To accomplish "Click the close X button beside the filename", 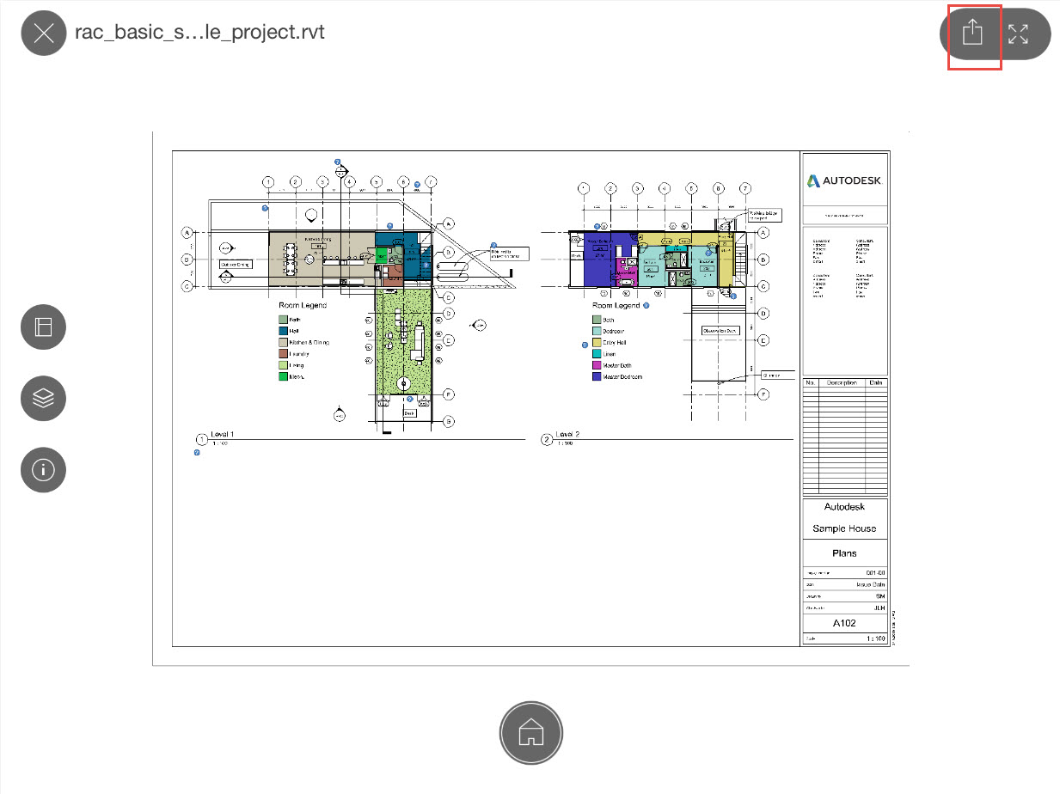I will [x=44, y=34].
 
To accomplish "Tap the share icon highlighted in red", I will [x=972, y=34].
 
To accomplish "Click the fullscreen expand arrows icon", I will [x=1019, y=34].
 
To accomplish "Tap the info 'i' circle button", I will [x=44, y=470].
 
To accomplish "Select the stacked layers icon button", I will [x=44, y=399].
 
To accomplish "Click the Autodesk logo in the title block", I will [x=844, y=180].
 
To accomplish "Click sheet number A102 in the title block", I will [x=844, y=623].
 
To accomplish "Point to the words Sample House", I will [x=844, y=528].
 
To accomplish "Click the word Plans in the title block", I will [x=844, y=553].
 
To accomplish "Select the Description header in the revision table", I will [x=842, y=382].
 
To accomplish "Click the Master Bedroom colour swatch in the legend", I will [x=597, y=376].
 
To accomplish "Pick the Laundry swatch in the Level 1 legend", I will [x=283, y=354].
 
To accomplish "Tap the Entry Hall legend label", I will [x=615, y=343].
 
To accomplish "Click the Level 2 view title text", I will [x=568, y=435].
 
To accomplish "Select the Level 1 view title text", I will [x=222, y=435].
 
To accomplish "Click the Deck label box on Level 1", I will [x=409, y=413].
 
